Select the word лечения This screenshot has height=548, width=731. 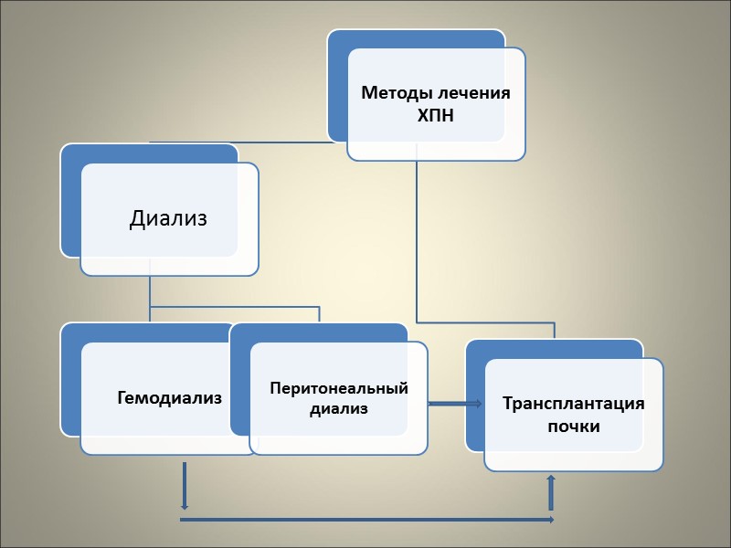pos(471,93)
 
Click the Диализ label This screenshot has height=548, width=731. pos(168,218)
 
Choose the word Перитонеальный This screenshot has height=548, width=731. pos(339,388)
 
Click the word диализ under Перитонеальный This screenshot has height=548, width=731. pos(338,409)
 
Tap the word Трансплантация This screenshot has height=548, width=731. pos(573,404)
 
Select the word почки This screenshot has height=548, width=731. pos(574,426)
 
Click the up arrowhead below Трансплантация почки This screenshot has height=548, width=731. pos(550,479)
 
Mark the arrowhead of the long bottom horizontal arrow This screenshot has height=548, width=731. pos(549,520)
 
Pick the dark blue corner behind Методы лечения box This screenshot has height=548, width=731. pos(338,41)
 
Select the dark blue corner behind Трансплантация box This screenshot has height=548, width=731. pos(475,350)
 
